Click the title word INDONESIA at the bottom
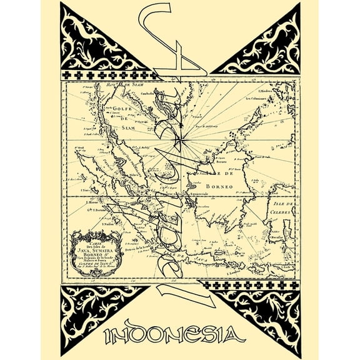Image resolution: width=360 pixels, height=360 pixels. [x=180, y=336]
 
